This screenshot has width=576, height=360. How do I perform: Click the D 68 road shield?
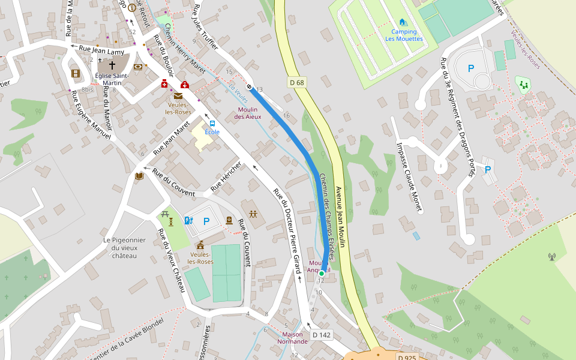[x=296, y=82]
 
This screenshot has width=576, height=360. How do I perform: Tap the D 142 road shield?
[x=322, y=335]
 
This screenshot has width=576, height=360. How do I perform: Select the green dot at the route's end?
[x=322, y=273]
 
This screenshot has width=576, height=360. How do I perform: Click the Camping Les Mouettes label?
[x=404, y=35]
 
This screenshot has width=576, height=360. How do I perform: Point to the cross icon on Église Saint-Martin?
[x=112, y=64]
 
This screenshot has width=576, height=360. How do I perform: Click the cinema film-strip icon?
[x=75, y=73]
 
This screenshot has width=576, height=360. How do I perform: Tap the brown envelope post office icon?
[x=178, y=96]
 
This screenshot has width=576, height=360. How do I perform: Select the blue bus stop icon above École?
[x=212, y=124]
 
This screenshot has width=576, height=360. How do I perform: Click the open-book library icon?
[x=139, y=176]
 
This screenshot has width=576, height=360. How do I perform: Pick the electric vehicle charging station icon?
[x=188, y=221]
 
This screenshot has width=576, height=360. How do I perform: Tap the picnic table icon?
[x=171, y=221]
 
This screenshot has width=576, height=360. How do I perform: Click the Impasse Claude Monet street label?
[x=409, y=176]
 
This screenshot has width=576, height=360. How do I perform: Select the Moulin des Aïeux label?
[x=248, y=113]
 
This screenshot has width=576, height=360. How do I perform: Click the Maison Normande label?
[x=292, y=338]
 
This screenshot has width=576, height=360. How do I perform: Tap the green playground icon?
[x=523, y=85]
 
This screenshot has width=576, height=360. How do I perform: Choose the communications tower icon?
[x=551, y=257]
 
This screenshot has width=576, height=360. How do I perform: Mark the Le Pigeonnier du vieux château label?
[x=124, y=248]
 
